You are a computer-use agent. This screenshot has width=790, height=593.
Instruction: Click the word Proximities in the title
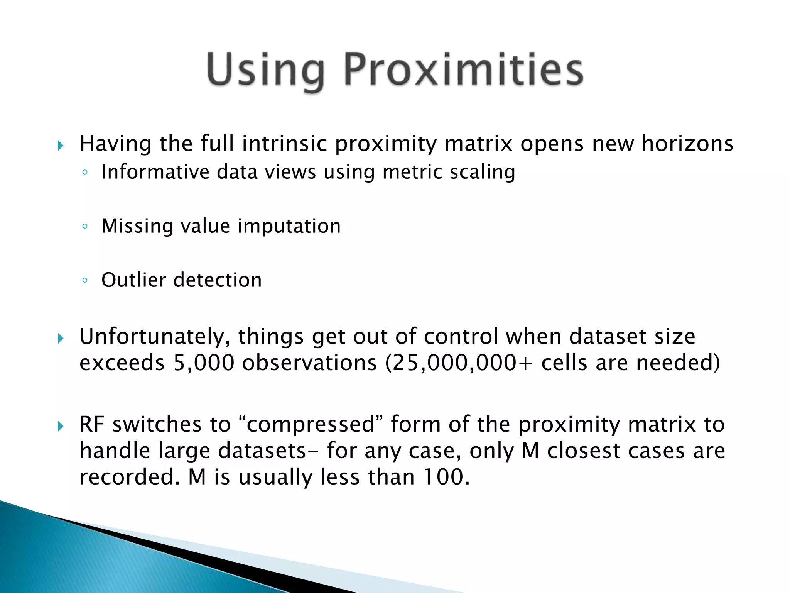pyautogui.click(x=463, y=69)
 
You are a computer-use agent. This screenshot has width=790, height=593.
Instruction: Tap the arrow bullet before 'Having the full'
pyautogui.click(x=61, y=146)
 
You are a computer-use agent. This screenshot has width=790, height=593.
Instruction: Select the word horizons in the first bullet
pyautogui.click(x=687, y=144)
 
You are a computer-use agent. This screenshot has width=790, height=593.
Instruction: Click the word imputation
pyautogui.click(x=289, y=226)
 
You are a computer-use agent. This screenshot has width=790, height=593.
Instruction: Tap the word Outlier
pyautogui.click(x=133, y=280)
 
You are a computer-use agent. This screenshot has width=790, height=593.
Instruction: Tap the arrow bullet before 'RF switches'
pyautogui.click(x=61, y=427)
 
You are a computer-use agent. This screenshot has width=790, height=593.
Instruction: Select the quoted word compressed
pyautogui.click(x=311, y=425)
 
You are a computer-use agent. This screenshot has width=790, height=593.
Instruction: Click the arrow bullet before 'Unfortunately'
pyautogui.click(x=61, y=339)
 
